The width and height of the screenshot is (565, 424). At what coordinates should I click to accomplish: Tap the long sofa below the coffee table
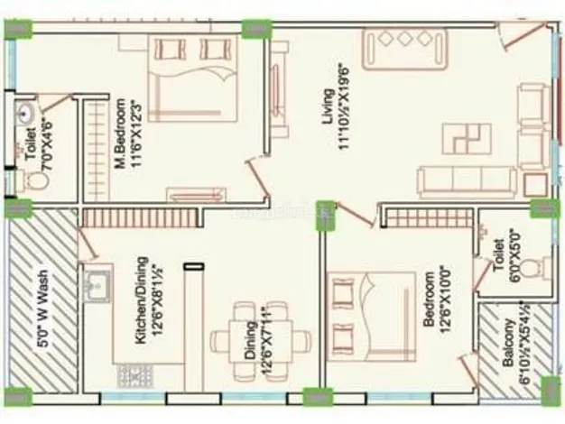[x=466, y=181]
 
